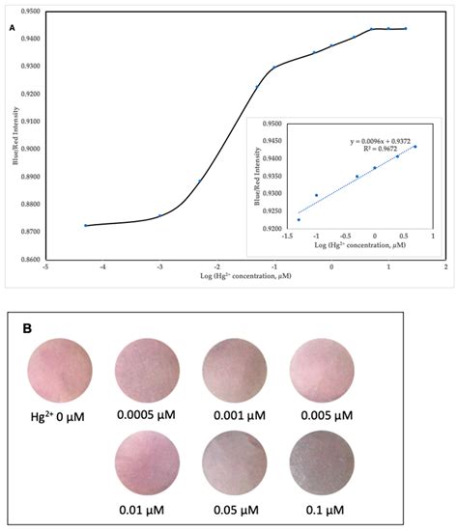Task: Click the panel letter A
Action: pos(13,28)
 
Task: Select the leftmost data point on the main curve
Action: pos(86,225)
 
